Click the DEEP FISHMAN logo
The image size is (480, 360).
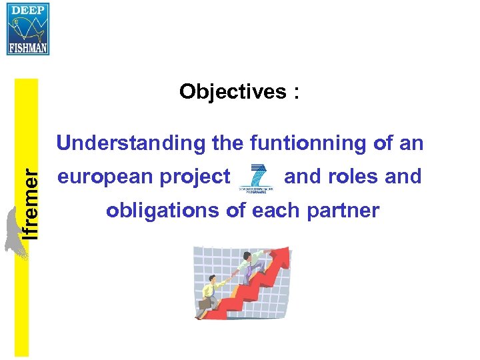click(x=28, y=29)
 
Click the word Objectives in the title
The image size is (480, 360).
click(x=232, y=91)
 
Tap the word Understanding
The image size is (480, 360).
click(x=131, y=143)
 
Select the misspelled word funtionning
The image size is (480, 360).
click(x=309, y=143)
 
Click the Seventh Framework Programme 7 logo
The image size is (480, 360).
click(x=256, y=177)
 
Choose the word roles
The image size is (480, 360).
click(x=357, y=177)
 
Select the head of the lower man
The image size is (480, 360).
click(x=213, y=280)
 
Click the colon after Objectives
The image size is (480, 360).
click(x=295, y=93)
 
